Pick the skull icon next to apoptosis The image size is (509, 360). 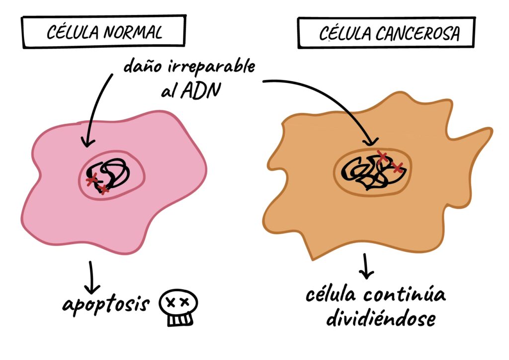[x=177, y=308]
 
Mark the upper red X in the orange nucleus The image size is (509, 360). [x=382, y=157]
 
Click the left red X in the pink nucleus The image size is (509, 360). [x=91, y=180]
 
